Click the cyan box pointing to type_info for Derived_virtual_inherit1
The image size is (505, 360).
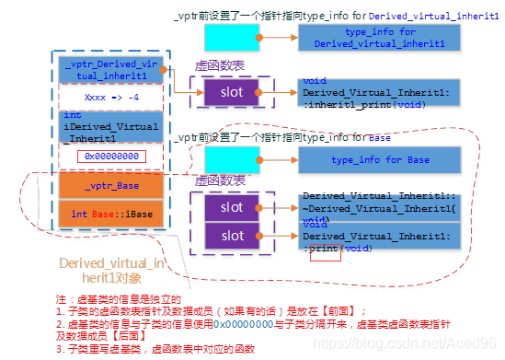231,38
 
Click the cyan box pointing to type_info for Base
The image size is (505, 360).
231,160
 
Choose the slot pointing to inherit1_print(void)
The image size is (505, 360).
232,93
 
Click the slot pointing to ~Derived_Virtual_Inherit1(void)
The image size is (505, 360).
232,207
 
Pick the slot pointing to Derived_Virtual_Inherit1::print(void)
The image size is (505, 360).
232,236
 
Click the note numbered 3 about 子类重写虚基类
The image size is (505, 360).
147,349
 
